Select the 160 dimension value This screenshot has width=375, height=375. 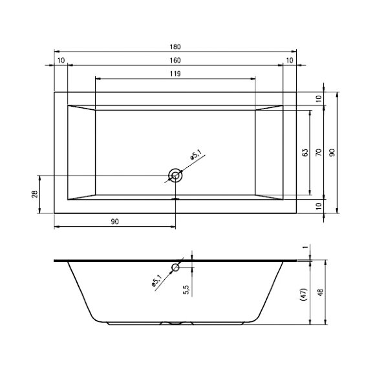(176, 60)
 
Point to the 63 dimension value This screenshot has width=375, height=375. (304, 153)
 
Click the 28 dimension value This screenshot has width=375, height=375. (35, 195)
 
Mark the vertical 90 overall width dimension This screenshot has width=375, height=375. (332, 153)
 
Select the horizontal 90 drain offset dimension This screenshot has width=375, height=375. (114, 222)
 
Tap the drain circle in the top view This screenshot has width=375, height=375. (175, 175)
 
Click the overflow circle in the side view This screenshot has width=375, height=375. (176, 268)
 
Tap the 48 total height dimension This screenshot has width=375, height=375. (332, 292)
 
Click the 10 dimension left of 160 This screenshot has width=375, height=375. (61, 60)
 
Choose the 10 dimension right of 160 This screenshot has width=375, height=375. (289, 60)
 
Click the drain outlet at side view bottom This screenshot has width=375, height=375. (175, 323)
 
